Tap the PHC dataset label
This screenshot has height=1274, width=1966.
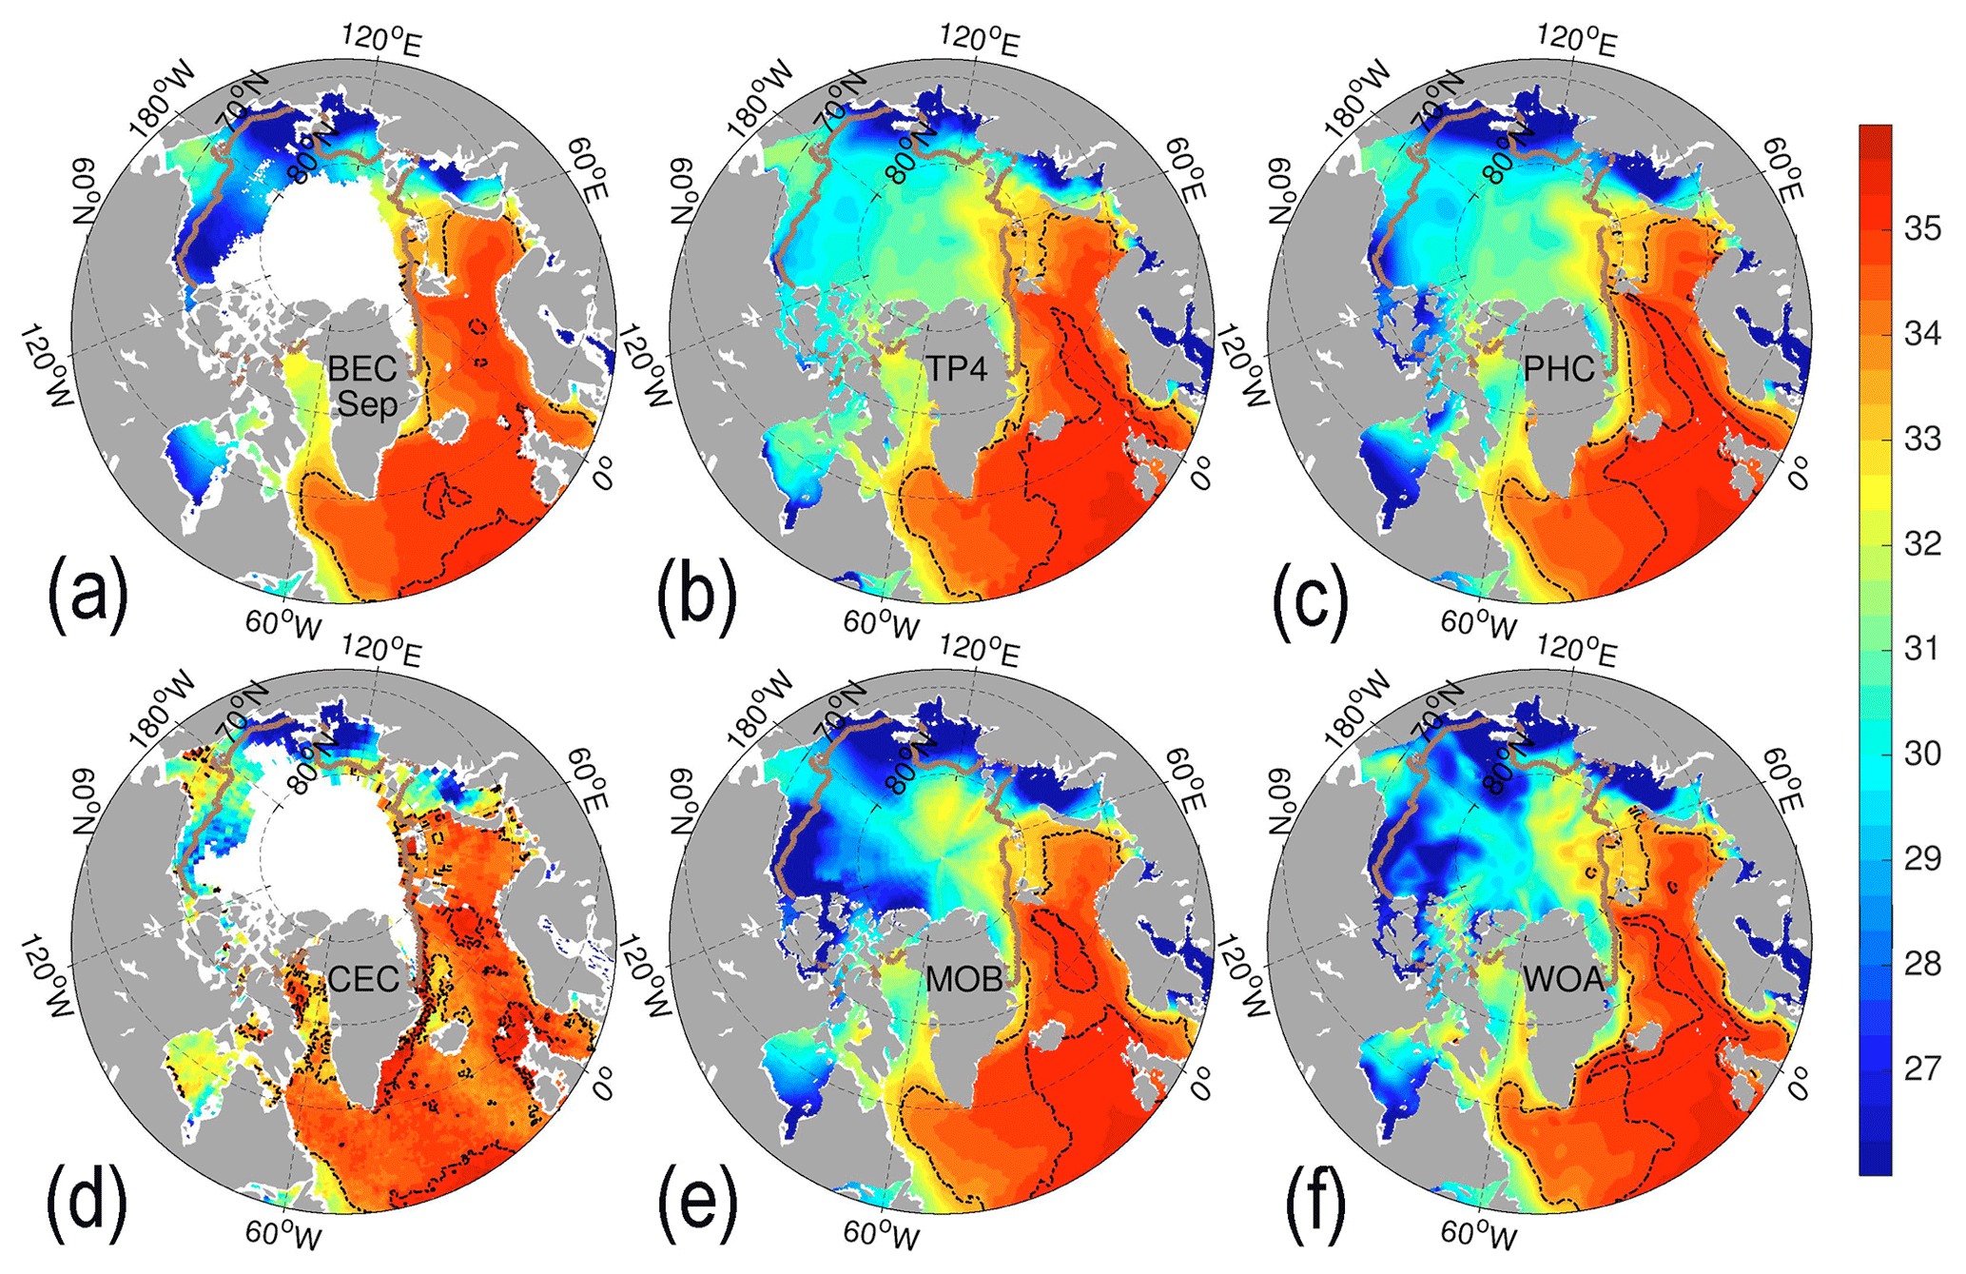click(1559, 368)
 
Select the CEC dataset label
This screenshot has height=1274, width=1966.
click(362, 979)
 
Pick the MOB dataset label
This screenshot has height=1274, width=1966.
click(964, 979)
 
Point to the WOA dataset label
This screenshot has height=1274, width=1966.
click(1563, 979)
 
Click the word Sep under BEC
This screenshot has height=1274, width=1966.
click(367, 404)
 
